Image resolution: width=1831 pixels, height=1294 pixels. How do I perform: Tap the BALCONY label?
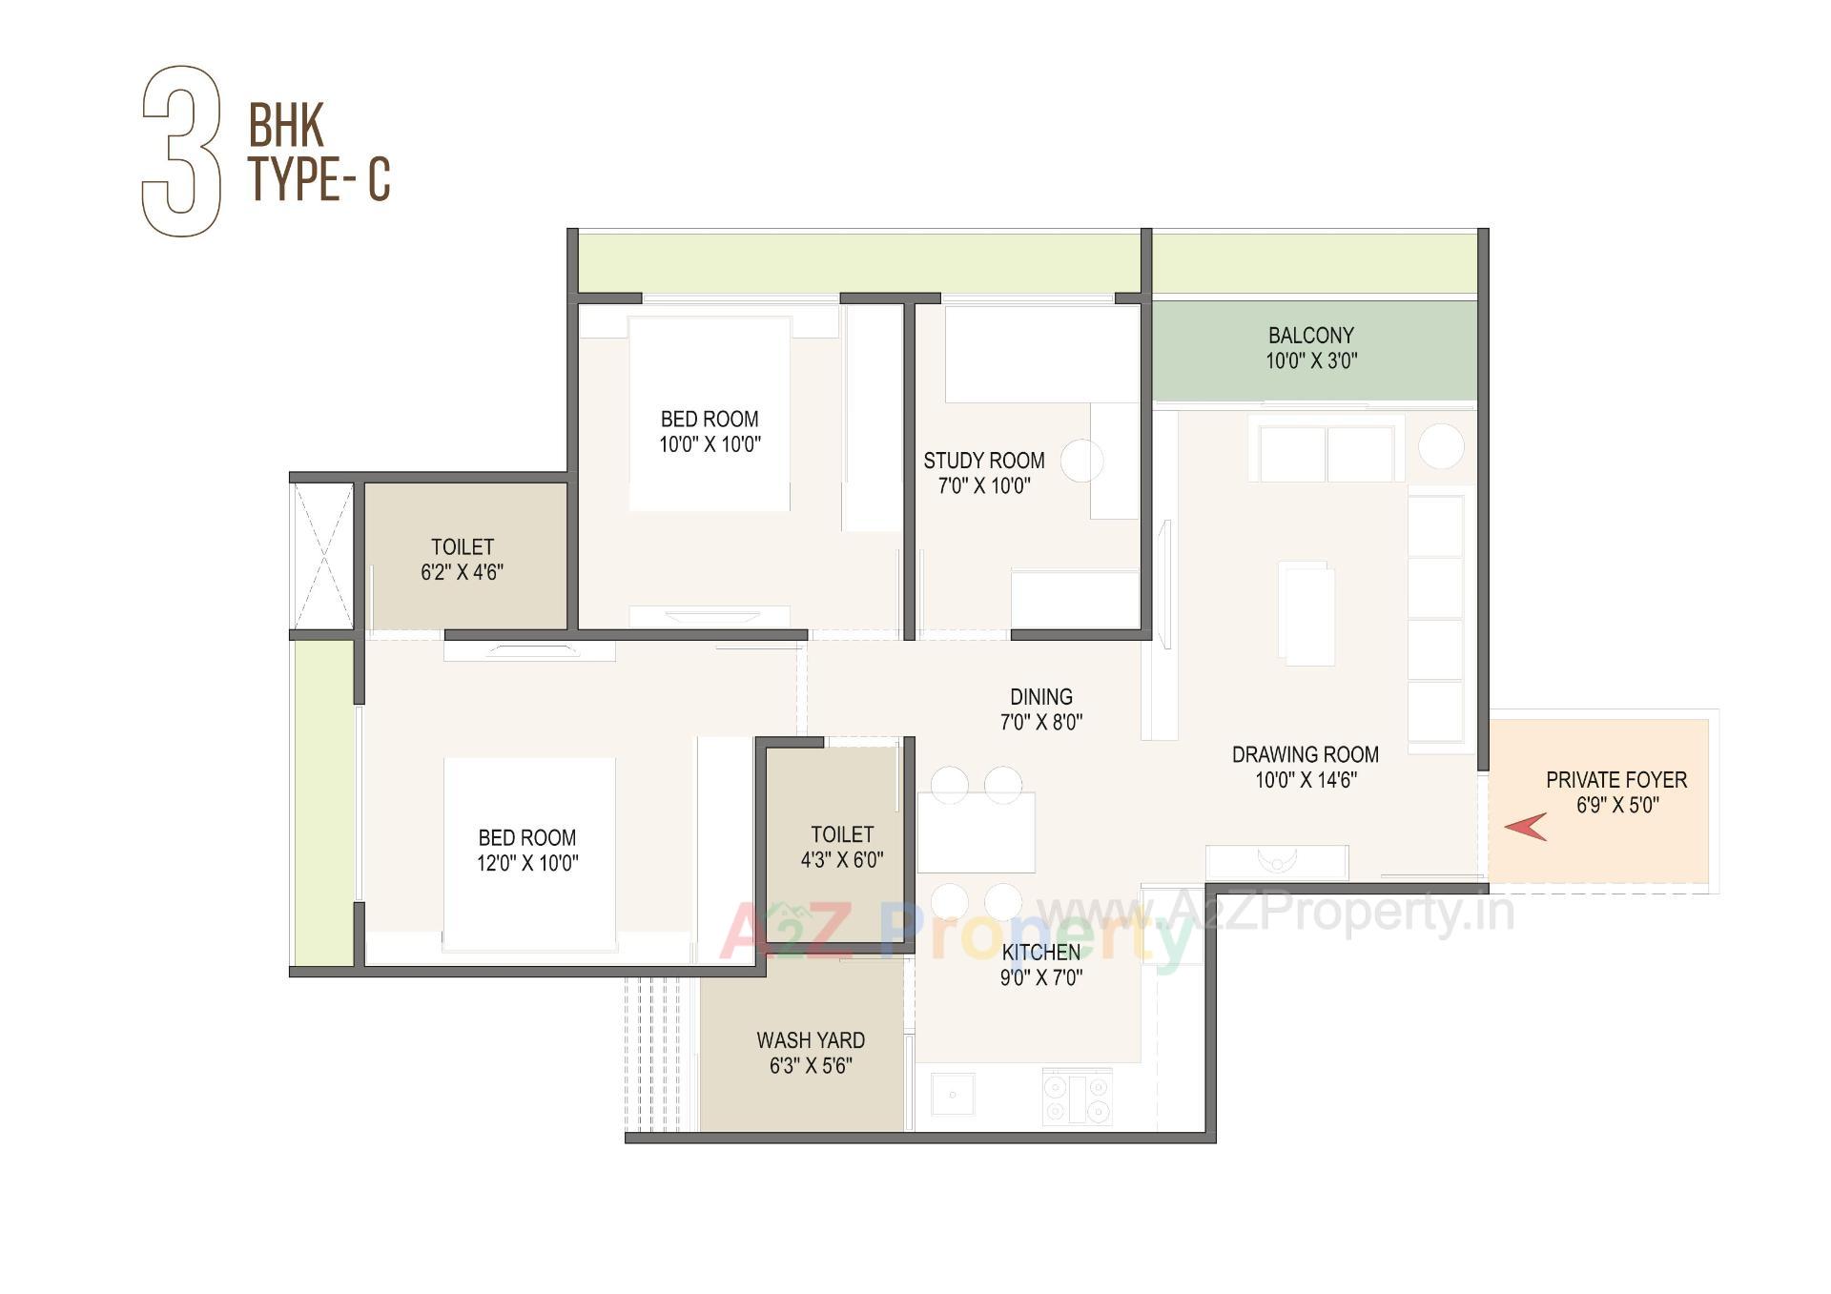coord(1310,336)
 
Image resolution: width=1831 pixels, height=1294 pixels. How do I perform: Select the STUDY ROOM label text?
coord(983,461)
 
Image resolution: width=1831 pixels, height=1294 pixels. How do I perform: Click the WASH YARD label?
coord(811,1040)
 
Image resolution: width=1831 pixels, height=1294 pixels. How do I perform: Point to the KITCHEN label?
coord(1040,952)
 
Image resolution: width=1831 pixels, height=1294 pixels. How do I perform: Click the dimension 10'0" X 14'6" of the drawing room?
coord(1306,780)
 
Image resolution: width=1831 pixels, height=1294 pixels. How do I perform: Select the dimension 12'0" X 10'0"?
coord(527,863)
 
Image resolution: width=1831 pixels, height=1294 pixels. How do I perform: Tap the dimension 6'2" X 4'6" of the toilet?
coord(462,572)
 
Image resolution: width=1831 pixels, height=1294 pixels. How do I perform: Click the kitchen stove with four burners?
coord(1077,1098)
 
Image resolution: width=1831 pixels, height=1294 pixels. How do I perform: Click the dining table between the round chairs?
coord(976,831)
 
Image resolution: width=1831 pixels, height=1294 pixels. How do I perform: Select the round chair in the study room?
coord(1081,461)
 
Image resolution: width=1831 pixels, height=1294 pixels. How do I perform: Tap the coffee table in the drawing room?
coord(1307,613)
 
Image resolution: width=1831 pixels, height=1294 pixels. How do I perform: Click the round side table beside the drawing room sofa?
coord(1440,446)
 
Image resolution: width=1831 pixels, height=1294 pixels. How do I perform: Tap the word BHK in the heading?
coord(286,125)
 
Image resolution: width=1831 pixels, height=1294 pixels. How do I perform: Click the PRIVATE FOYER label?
coord(1615,780)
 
